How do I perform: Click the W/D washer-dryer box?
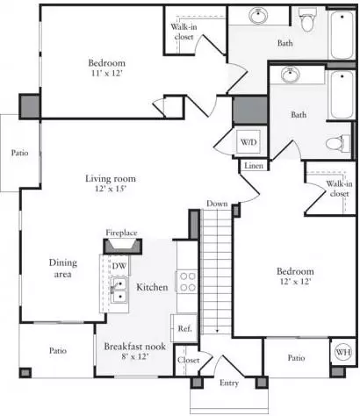tap(248, 142)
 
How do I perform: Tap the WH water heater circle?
tap(343, 352)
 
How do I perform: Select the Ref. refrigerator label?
tap(185, 328)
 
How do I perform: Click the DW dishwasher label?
tap(119, 266)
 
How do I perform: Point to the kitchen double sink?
tap(119, 290)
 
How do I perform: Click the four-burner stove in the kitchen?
tap(188, 282)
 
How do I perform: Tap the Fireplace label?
tap(121, 233)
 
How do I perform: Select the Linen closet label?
tap(254, 166)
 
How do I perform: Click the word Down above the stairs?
tap(217, 204)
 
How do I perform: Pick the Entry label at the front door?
tap(229, 383)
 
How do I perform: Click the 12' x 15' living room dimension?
tap(111, 189)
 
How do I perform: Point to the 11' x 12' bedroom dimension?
tap(106, 73)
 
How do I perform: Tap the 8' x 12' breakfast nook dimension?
tap(135, 356)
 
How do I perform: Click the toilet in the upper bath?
tap(307, 19)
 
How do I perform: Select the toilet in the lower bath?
tap(338, 143)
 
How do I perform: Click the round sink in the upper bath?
tap(259, 15)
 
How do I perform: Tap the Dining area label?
tap(63, 269)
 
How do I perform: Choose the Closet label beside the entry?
tap(188, 360)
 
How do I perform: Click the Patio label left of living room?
tap(20, 153)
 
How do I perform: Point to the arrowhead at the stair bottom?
tap(217, 331)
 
